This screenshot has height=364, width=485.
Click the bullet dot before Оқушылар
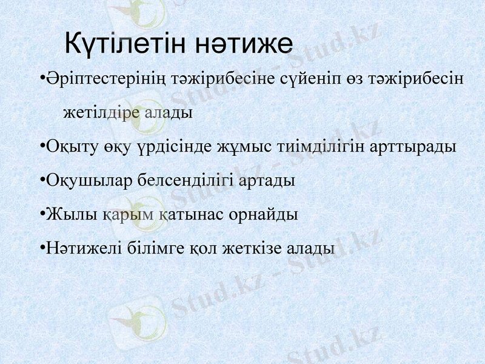(x=40, y=181)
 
